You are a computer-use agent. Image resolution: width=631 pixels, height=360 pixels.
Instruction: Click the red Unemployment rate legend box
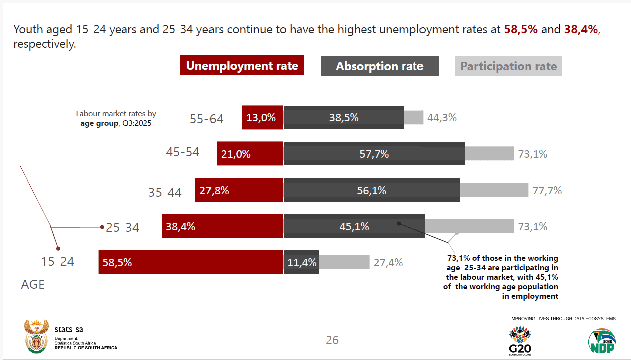click(x=242, y=65)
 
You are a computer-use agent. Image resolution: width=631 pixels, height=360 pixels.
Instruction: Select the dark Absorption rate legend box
click(x=379, y=66)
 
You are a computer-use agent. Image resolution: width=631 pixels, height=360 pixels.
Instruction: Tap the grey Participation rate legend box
click(x=508, y=66)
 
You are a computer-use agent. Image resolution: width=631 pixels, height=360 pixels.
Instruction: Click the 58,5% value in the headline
click(x=521, y=29)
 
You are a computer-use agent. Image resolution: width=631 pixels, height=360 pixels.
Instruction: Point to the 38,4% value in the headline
click(x=581, y=29)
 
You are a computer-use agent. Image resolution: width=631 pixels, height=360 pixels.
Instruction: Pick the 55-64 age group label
click(x=206, y=119)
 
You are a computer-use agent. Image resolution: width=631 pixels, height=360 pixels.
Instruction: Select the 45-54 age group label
click(x=182, y=152)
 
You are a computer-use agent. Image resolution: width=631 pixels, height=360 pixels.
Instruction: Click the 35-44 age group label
click(x=165, y=192)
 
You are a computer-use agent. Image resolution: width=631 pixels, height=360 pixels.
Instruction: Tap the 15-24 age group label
click(x=57, y=261)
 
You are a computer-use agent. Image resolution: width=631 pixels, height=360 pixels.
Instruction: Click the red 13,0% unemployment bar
click(x=263, y=117)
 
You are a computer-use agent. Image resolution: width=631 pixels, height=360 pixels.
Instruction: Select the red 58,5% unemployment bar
click(x=190, y=262)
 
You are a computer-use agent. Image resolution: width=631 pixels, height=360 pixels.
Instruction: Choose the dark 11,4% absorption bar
click(x=301, y=262)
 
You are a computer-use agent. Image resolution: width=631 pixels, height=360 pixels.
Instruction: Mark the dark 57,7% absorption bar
click(x=374, y=154)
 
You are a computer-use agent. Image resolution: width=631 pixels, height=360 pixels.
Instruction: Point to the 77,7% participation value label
click(x=547, y=190)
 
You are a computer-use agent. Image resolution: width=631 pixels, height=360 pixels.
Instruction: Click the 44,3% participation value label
click(x=442, y=118)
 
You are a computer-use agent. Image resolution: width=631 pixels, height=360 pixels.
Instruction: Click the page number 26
click(x=332, y=340)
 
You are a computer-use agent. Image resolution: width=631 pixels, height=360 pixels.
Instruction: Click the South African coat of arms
click(x=36, y=337)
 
